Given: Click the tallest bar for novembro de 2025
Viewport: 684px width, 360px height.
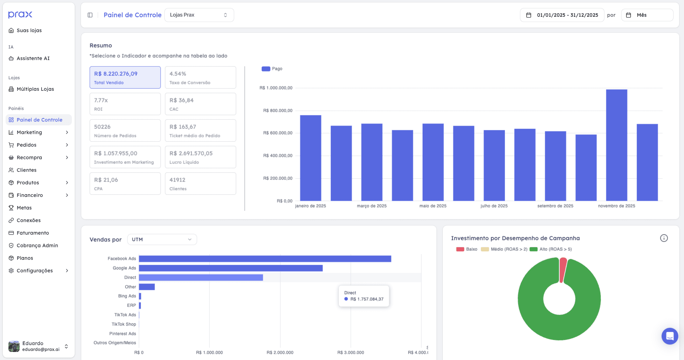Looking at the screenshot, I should (616, 145).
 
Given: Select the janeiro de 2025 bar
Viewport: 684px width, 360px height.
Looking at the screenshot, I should (311, 158).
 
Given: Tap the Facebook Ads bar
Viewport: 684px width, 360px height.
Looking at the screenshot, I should (265, 259).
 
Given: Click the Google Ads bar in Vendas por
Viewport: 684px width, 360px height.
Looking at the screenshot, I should (231, 268).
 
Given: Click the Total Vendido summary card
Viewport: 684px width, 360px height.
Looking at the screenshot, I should (125, 78).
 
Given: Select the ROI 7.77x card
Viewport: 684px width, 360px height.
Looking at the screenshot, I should (125, 104).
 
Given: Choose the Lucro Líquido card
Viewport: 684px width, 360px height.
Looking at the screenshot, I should (200, 157).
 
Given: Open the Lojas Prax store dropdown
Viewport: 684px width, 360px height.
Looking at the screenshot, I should (199, 15).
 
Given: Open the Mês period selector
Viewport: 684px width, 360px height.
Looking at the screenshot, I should (647, 15).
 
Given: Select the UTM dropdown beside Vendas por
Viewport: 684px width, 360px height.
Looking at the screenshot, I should (162, 240).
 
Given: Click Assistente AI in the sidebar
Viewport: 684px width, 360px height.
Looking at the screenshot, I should (33, 58).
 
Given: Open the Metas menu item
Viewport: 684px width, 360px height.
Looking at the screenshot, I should (24, 208).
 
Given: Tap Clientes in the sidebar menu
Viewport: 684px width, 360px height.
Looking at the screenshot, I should (27, 170).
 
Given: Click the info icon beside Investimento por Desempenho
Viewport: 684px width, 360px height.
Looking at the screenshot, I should (664, 238).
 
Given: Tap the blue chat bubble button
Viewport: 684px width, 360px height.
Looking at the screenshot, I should (670, 336).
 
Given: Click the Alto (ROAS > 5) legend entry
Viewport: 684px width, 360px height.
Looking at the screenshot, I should (551, 249).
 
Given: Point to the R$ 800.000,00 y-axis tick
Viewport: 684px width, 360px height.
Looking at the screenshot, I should (278, 111).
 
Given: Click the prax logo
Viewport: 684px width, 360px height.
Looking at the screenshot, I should (20, 15).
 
